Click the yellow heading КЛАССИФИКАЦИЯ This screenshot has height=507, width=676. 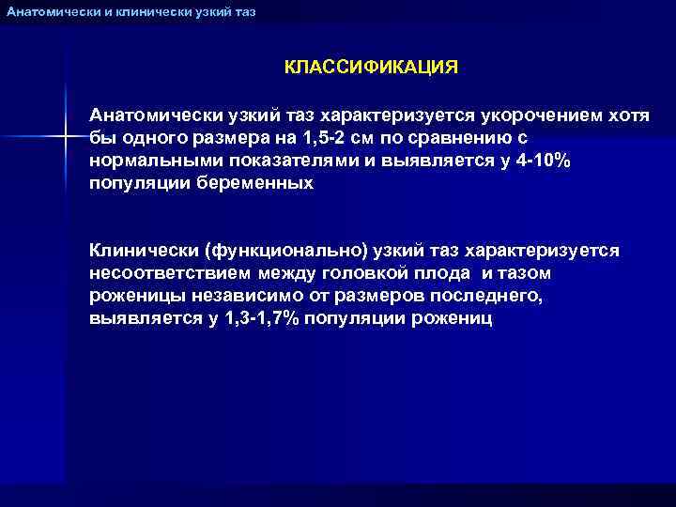[x=372, y=69]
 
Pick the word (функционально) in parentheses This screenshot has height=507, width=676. [x=277, y=251]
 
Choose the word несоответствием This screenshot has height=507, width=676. [x=170, y=273]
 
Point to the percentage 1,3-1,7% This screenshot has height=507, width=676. [x=263, y=318]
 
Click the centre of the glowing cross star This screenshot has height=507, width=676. [x=66, y=137]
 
